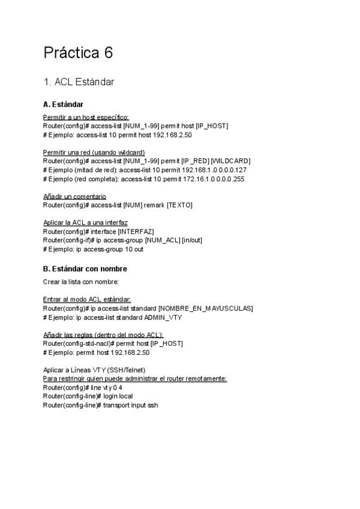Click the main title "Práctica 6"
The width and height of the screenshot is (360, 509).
[78, 53]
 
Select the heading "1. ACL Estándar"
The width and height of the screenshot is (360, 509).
[79, 82]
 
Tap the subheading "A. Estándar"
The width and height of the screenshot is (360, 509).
[63, 104]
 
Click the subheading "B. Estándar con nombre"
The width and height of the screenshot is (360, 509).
[85, 269]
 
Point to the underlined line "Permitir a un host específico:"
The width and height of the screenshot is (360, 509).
[86, 117]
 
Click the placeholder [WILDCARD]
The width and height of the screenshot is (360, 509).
[230, 161]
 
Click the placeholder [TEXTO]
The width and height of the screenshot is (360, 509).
[179, 205]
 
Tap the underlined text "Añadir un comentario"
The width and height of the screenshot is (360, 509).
[74, 196]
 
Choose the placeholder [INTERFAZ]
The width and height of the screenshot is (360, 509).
[136, 231]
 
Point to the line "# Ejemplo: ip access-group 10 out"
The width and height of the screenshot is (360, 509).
[93, 249]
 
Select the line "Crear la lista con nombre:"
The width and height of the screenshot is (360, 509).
[81, 282]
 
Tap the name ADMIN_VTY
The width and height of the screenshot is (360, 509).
[163, 318]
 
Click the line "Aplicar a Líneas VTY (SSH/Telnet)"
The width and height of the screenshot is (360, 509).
[94, 370]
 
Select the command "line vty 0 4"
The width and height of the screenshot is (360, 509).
[107, 388]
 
